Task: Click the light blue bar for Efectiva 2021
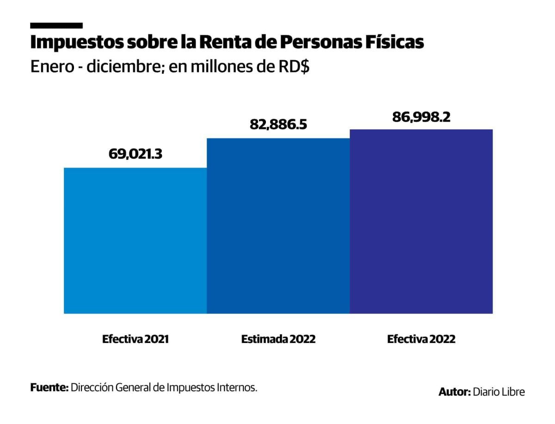[x=135, y=241]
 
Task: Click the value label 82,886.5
[x=278, y=125]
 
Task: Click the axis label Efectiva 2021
[x=136, y=339]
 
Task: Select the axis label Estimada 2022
[x=278, y=339]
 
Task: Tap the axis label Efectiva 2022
[x=421, y=339]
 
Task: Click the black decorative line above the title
[x=56, y=25]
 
